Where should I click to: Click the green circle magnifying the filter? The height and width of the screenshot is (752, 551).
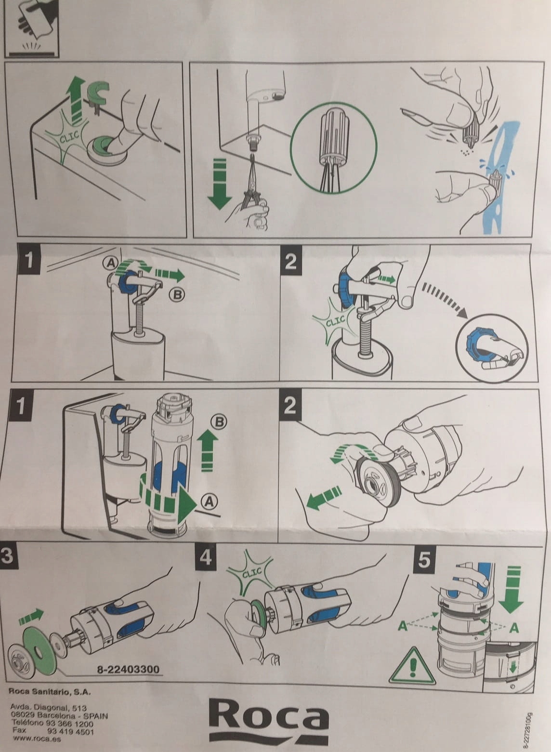[334, 148]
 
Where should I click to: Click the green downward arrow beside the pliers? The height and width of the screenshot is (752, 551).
[220, 185]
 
